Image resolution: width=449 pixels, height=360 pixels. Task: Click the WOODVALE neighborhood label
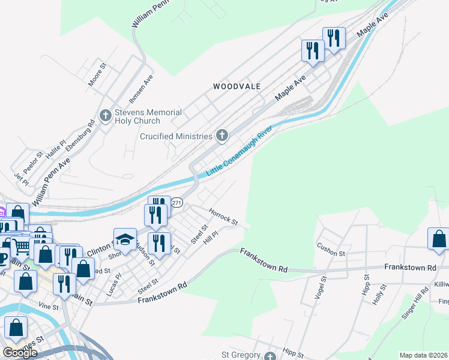coord(237,86)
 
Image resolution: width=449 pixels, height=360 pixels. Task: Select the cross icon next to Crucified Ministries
coord(222,136)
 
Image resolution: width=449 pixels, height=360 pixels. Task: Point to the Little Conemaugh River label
coord(244,151)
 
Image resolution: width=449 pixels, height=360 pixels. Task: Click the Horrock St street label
coord(223,217)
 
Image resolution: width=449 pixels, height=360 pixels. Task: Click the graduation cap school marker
coord(125,239)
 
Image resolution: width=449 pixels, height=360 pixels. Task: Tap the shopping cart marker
coord(22,245)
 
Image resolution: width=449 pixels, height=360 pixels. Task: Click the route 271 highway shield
coord(176,203)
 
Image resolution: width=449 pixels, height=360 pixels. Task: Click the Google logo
coord(20,353)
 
